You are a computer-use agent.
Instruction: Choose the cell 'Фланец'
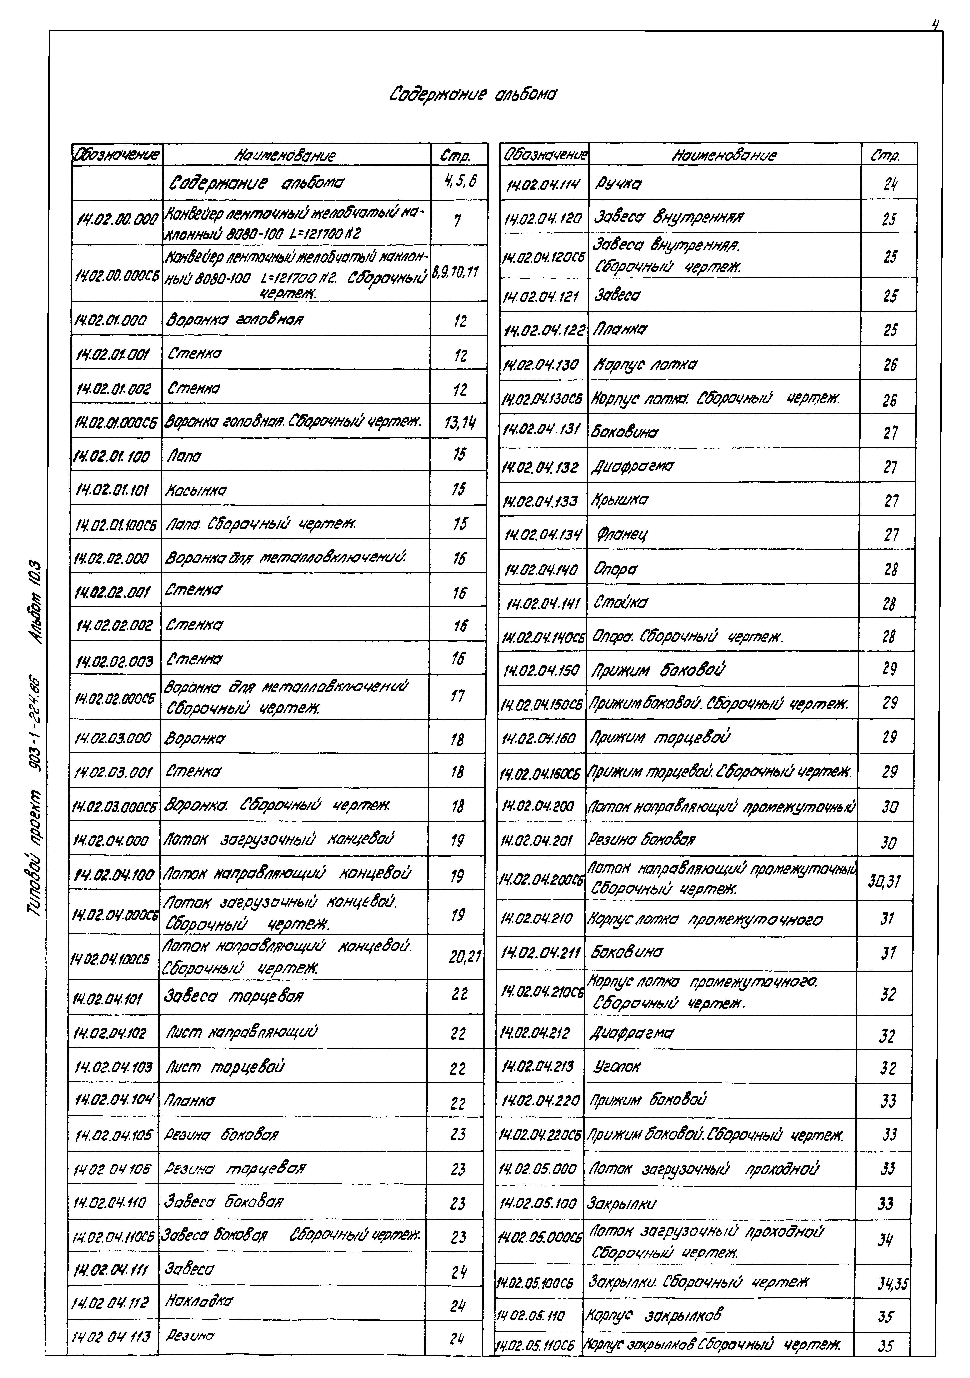coord(623,533)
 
